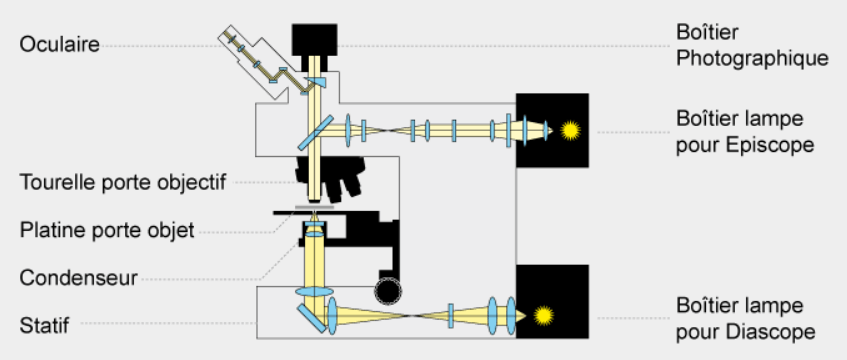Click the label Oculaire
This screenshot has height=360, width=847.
point(59,44)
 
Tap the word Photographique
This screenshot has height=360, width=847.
point(752,58)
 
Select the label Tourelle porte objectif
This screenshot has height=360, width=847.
point(123,182)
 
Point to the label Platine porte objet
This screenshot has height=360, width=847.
point(107,230)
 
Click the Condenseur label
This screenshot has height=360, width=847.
point(78,278)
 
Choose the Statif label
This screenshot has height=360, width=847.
point(44,326)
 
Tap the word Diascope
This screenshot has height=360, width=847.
point(770,331)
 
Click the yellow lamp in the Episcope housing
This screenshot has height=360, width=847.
point(570,131)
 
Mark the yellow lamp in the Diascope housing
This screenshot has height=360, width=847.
point(543,316)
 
